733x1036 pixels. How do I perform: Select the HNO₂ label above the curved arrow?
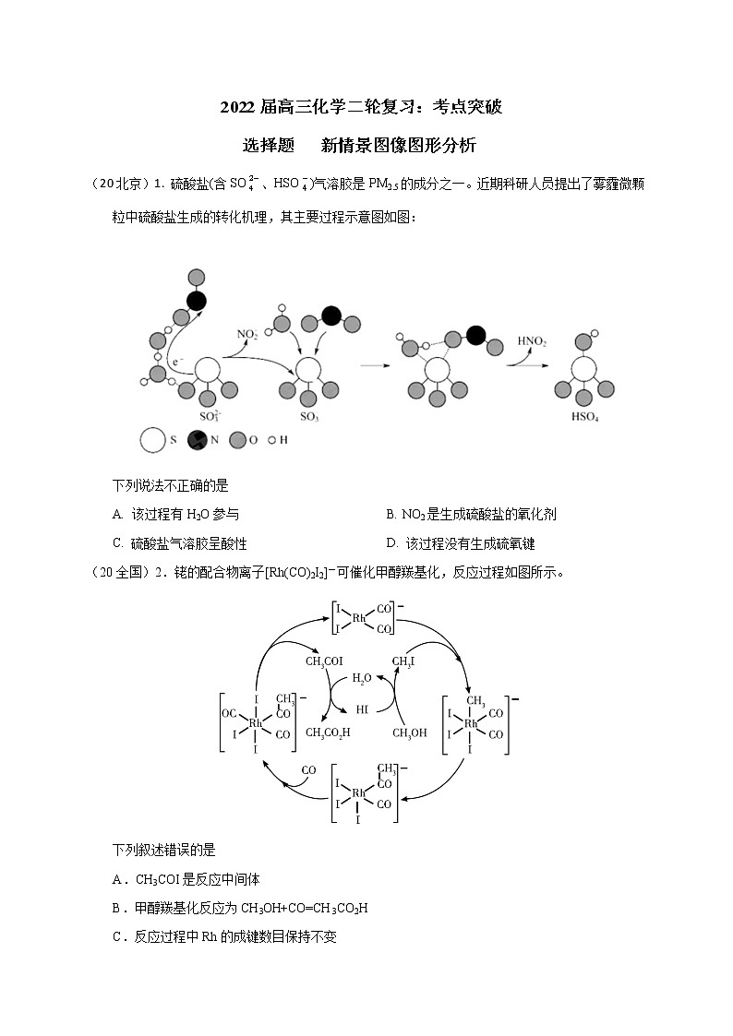click(x=532, y=341)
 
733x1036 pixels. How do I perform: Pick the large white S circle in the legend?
click(x=153, y=440)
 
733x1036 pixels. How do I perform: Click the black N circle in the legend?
click(x=197, y=440)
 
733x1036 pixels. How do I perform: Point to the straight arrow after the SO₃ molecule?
click(x=373, y=366)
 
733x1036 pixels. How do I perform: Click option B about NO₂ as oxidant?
click(x=471, y=515)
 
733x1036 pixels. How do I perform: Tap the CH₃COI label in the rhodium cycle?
click(x=323, y=661)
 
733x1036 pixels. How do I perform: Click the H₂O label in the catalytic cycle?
click(x=362, y=678)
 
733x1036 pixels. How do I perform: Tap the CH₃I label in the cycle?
click(x=403, y=661)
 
